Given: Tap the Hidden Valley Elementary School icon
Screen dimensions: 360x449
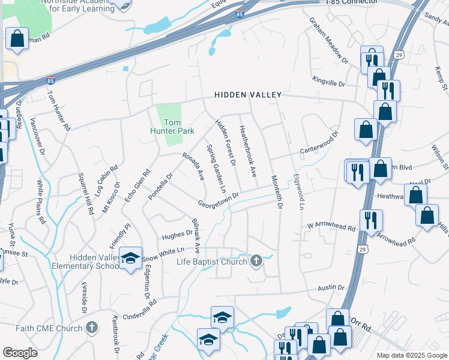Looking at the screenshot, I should [x=130, y=258].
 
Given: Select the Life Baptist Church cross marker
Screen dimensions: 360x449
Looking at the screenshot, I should [x=256, y=260].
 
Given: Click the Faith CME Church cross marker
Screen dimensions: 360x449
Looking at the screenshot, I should [x=91, y=328].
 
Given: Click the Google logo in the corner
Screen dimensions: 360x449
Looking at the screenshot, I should [x=20, y=353].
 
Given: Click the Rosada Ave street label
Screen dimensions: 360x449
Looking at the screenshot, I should [x=193, y=166].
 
